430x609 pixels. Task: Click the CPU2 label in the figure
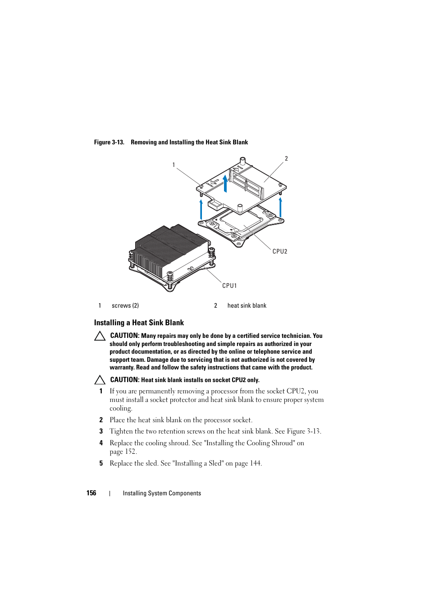click(279, 252)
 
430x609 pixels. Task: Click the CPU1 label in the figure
click(229, 286)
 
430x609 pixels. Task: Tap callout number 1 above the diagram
click(174, 165)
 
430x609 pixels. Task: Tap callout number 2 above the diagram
click(286, 159)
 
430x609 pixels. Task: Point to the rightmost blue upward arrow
click(280, 208)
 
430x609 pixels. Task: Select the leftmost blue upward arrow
click(201, 209)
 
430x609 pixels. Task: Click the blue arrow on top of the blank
click(225, 183)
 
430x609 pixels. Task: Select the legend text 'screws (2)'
click(125, 306)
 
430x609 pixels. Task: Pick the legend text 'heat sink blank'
click(247, 306)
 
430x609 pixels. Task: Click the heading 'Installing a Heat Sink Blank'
click(139, 323)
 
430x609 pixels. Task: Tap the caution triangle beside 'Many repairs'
click(100, 336)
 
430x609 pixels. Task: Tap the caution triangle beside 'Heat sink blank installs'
click(100, 380)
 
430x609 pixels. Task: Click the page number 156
click(91, 493)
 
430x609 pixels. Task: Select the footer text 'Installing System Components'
click(162, 494)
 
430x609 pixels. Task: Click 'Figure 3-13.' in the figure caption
click(109, 143)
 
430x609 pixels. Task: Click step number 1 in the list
click(101, 392)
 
